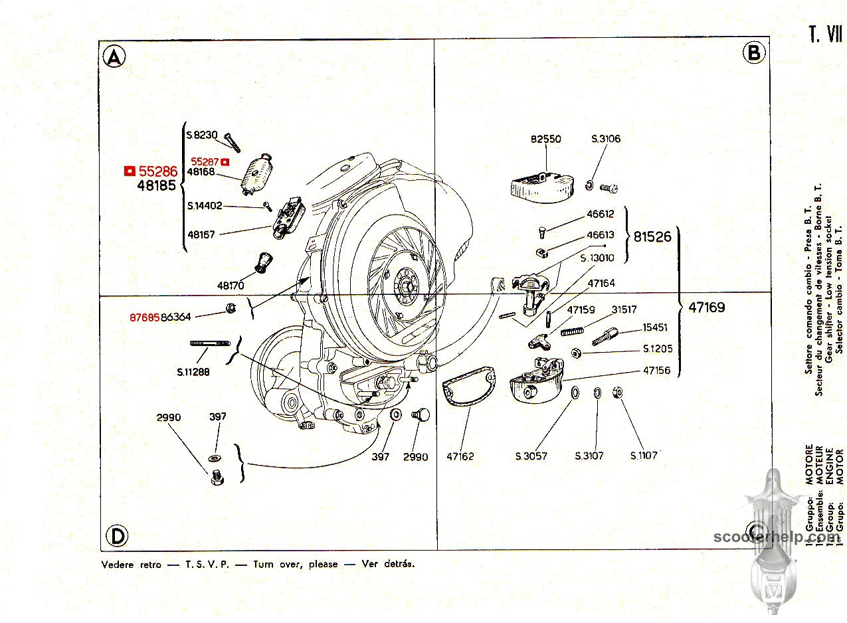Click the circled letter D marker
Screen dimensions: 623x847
pos(116,535)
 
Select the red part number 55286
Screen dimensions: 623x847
pos(158,171)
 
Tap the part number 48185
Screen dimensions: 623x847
pos(157,186)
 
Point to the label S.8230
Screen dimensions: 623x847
pos(202,135)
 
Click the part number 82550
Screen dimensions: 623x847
pos(545,139)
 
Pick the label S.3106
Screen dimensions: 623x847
pos(606,139)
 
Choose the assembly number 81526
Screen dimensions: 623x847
pos(652,236)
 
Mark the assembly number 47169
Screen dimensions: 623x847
pos(707,308)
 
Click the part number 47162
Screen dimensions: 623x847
pos(460,456)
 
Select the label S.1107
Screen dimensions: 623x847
pos(644,456)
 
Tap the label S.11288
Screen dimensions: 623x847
pos(193,372)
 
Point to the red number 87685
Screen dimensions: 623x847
pos(145,317)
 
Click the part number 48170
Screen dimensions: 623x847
pos(231,286)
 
